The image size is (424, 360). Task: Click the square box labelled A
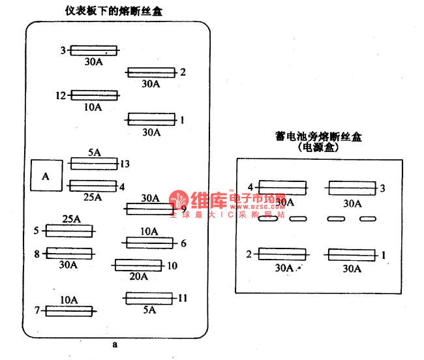coord(46,175)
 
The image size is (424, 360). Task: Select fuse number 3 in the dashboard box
coord(93,50)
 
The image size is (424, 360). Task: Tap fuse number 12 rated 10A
coord(94,95)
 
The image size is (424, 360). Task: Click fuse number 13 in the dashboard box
coord(93,163)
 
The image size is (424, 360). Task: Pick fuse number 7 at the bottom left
coord(69,311)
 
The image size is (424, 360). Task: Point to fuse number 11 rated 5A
coord(149,298)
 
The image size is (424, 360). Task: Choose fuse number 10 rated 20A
coord(138,265)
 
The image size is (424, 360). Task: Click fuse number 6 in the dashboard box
coord(150,243)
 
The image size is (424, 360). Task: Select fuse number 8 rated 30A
coord(68,253)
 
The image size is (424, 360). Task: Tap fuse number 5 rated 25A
coord(68,230)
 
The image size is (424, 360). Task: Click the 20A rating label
coord(138,277)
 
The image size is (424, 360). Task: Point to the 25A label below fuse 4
coord(93,197)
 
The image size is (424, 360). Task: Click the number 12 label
coord(61,95)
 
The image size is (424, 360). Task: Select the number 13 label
coord(125,164)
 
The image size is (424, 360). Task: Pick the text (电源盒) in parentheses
coord(319,148)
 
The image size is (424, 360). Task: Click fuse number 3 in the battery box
coord(352,188)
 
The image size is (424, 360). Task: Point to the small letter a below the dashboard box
coord(115,344)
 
